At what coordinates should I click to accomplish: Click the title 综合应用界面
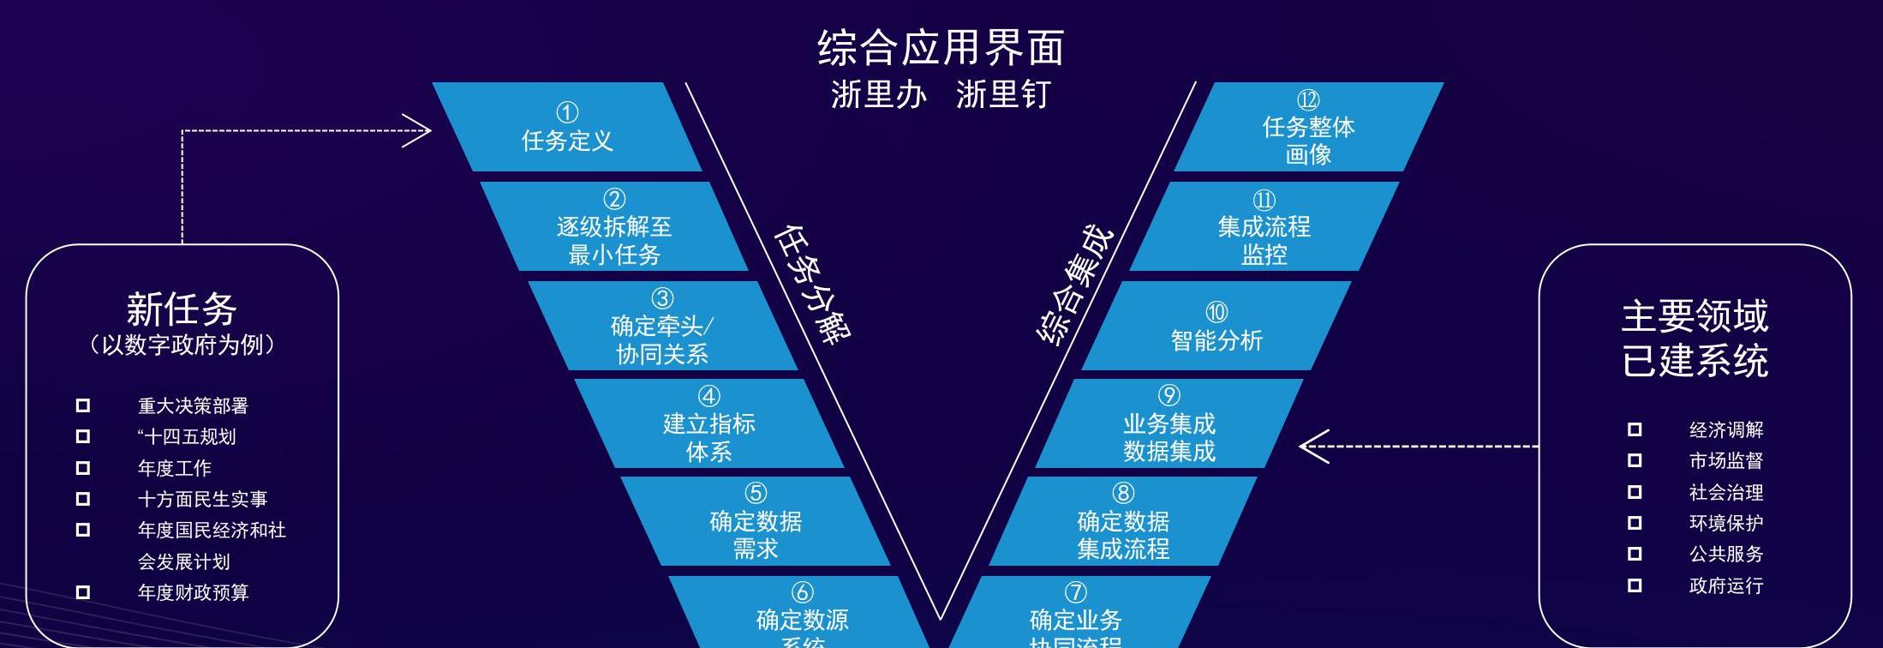pos(941,47)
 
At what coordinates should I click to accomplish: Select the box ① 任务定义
pos(567,128)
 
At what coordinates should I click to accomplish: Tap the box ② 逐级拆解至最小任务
pos(614,227)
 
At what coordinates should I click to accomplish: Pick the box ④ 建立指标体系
pos(708,424)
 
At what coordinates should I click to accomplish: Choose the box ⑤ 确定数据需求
pos(756,522)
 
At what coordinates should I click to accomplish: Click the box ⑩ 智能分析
pos(1216,327)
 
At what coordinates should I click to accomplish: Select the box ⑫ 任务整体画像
pos(1308,128)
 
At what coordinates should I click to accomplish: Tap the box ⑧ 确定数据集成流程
pos(1123,522)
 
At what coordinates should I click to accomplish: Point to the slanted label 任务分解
pos(812,284)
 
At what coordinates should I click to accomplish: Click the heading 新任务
pos(182,309)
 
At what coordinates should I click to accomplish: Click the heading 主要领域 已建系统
pos(1695,338)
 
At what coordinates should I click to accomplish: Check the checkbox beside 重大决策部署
pos(83,405)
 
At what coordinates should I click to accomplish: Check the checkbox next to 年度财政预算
pos(83,592)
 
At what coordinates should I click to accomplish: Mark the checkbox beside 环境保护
pos(1635,523)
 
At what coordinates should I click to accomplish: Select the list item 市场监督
pos(1725,461)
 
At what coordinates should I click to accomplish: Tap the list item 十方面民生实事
pos(202,499)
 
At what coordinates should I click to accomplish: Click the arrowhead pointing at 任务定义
pos(420,131)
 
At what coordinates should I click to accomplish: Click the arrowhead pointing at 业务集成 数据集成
pos(1311,447)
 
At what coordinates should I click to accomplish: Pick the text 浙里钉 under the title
pos(1002,94)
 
